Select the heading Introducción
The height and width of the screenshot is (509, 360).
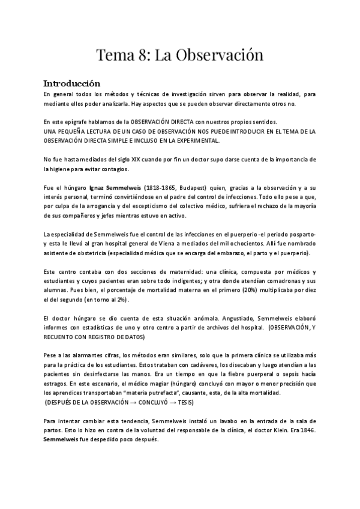[x=71, y=83]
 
